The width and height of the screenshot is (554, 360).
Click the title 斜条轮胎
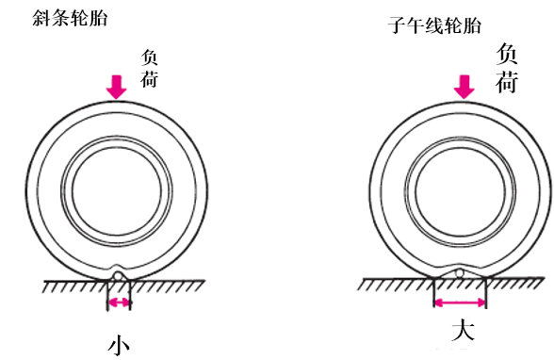(70, 18)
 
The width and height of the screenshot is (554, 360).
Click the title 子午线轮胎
(434, 25)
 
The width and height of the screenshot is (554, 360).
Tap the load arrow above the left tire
(117, 87)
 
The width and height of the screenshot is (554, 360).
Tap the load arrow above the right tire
(464, 87)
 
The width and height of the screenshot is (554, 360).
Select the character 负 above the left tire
(149, 57)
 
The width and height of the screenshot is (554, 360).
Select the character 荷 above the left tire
(149, 79)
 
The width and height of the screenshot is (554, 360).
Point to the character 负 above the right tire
(507, 54)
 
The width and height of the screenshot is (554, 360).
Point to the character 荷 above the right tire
(507, 82)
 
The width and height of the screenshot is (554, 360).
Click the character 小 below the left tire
(119, 345)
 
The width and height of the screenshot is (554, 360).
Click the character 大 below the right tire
(463, 330)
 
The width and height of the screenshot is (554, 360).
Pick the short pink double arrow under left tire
(119, 303)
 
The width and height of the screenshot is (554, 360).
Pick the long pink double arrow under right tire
(460, 303)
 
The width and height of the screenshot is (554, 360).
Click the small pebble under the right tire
(459, 273)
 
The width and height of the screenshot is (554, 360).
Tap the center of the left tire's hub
(117, 191)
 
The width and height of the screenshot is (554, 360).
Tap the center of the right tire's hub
(460, 191)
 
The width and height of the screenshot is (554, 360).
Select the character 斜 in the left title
(41, 18)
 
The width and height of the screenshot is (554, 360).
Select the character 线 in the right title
(434, 25)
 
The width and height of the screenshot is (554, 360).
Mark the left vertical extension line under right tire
(434, 293)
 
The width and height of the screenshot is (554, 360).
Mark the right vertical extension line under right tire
(486, 293)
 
